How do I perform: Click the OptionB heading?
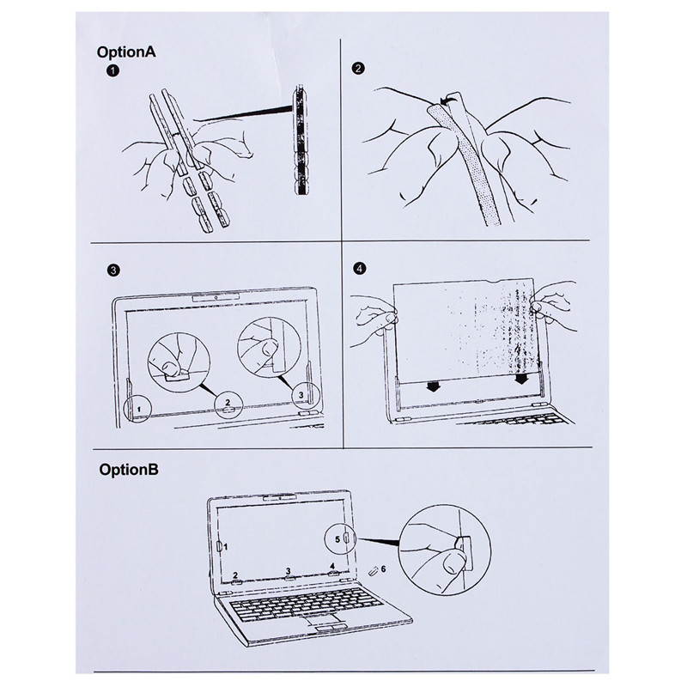click(x=128, y=470)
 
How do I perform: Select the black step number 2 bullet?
click(x=358, y=69)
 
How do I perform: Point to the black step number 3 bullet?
click(x=111, y=270)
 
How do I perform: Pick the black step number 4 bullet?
click(x=358, y=268)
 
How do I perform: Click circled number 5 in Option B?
click(x=338, y=539)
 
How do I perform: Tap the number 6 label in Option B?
click(x=384, y=568)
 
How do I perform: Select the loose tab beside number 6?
click(x=371, y=571)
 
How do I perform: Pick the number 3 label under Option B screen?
click(x=288, y=570)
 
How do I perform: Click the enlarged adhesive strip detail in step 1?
click(x=300, y=142)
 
